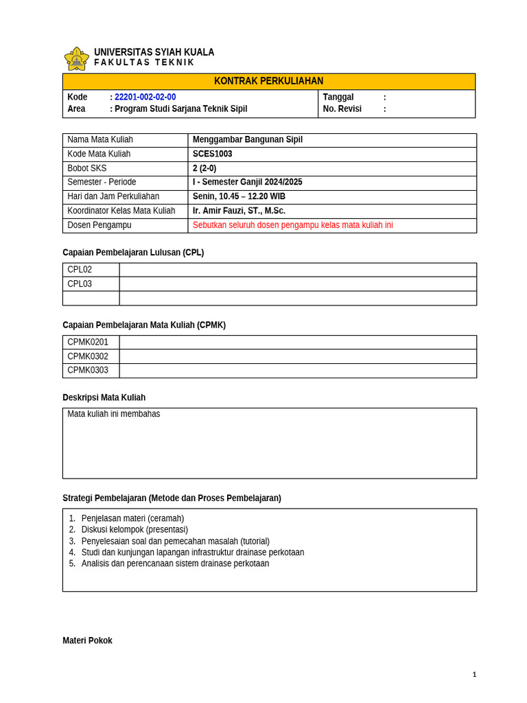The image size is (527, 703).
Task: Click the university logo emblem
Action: pos(76,58)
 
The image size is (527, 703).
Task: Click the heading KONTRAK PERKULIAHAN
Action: pos(268,81)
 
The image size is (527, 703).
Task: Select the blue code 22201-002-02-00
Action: pos(145,97)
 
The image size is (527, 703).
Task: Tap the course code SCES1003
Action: pos(212,154)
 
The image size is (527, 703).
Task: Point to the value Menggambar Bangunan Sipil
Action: pos(247,139)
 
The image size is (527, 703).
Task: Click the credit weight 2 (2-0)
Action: pos(204,168)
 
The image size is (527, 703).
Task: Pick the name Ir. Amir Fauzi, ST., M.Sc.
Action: pos(239,211)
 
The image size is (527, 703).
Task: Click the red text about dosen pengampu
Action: pos(292,225)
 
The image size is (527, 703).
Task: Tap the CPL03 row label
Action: pos(80,284)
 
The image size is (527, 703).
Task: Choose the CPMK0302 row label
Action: pos(88,356)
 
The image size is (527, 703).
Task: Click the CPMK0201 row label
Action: pos(88,342)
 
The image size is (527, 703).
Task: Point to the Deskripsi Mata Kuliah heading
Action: pos(104,397)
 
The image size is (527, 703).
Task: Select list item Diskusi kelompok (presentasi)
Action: pos(134,529)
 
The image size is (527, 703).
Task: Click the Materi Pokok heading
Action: pos(87,641)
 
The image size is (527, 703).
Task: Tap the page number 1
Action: pos(474,674)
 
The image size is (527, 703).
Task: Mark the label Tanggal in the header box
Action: pos(338,97)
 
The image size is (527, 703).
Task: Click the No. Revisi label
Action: pos(342,108)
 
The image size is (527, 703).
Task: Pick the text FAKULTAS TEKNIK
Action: pos(144,62)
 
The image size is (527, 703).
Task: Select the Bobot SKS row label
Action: pos(87,168)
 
